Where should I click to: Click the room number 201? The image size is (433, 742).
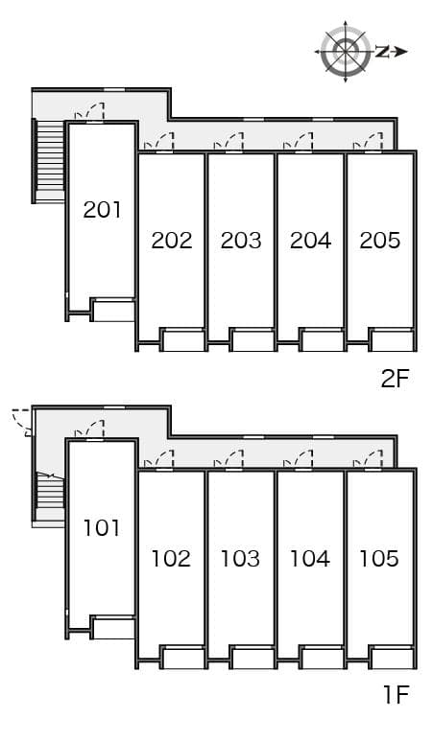click(102, 209)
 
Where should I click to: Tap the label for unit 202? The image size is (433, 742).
click(172, 240)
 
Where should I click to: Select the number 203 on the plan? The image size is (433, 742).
click(241, 240)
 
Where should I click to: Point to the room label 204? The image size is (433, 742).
click(310, 240)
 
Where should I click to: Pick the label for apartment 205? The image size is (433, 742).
click(379, 240)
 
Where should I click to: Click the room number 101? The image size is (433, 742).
click(102, 527)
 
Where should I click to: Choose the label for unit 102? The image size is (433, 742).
click(171, 558)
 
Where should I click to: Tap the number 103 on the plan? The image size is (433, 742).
click(240, 558)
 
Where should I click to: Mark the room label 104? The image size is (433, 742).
click(309, 558)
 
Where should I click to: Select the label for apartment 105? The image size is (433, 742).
click(379, 558)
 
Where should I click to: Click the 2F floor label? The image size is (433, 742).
click(395, 379)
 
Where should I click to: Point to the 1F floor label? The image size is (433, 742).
click(396, 695)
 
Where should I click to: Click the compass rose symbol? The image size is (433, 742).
click(345, 52)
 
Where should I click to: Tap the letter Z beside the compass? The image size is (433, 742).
click(382, 51)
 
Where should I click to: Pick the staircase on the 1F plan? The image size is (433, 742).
click(49, 495)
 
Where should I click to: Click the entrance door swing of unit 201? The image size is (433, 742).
click(92, 113)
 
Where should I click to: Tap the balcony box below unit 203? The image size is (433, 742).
click(253, 340)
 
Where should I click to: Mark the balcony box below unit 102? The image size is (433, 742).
click(183, 659)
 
